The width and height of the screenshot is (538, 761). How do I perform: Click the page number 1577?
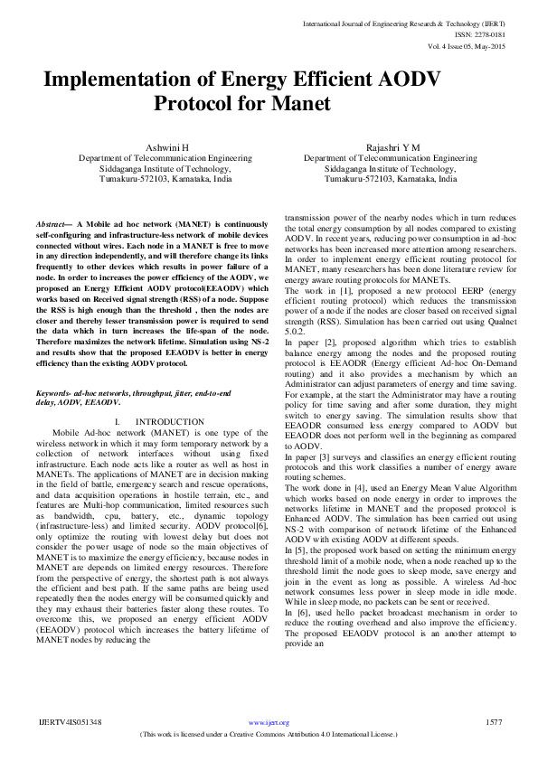click(494, 722)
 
